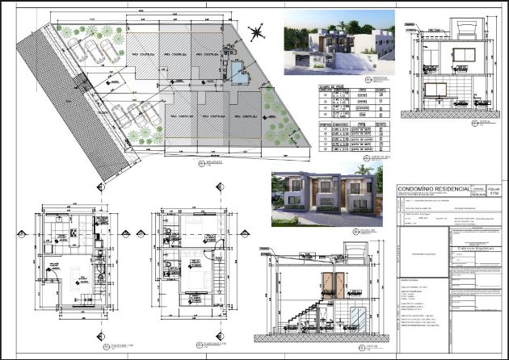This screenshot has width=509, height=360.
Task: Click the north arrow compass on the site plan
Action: coord(257,33)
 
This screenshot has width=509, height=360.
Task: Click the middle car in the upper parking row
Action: coord(95,52)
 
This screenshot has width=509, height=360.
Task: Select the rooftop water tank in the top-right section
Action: coord(467,28)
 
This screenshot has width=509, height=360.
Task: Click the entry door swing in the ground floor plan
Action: coord(50,275)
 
